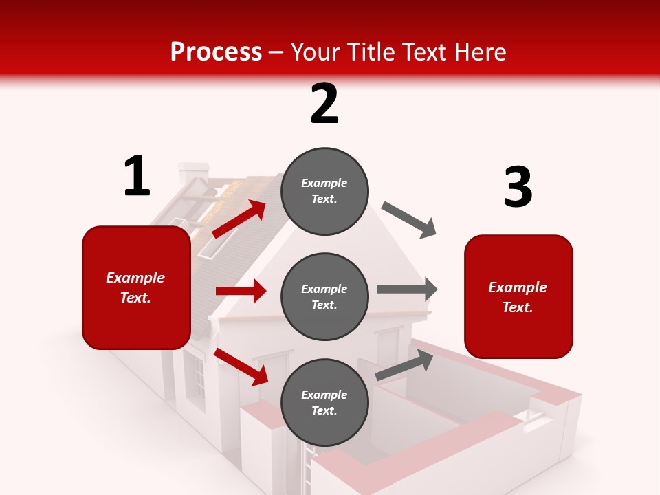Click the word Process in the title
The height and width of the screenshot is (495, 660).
click(x=216, y=52)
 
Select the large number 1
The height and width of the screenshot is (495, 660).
click(x=137, y=176)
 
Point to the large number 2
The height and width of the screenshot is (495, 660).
click(x=324, y=104)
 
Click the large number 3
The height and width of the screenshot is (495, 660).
click(x=518, y=187)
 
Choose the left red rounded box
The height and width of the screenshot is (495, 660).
click(x=136, y=287)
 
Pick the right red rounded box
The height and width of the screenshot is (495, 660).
click(x=518, y=297)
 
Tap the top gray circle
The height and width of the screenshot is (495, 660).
click(x=324, y=191)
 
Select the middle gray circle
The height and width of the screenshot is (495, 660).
click(x=324, y=297)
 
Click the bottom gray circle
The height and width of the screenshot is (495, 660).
click(x=324, y=403)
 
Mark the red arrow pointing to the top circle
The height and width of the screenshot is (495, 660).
click(x=239, y=219)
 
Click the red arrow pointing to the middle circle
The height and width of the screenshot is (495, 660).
click(x=241, y=291)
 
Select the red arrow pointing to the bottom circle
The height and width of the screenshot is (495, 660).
click(x=241, y=366)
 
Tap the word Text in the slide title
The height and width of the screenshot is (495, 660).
click(x=422, y=52)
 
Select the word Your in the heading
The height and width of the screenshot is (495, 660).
click(x=316, y=52)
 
